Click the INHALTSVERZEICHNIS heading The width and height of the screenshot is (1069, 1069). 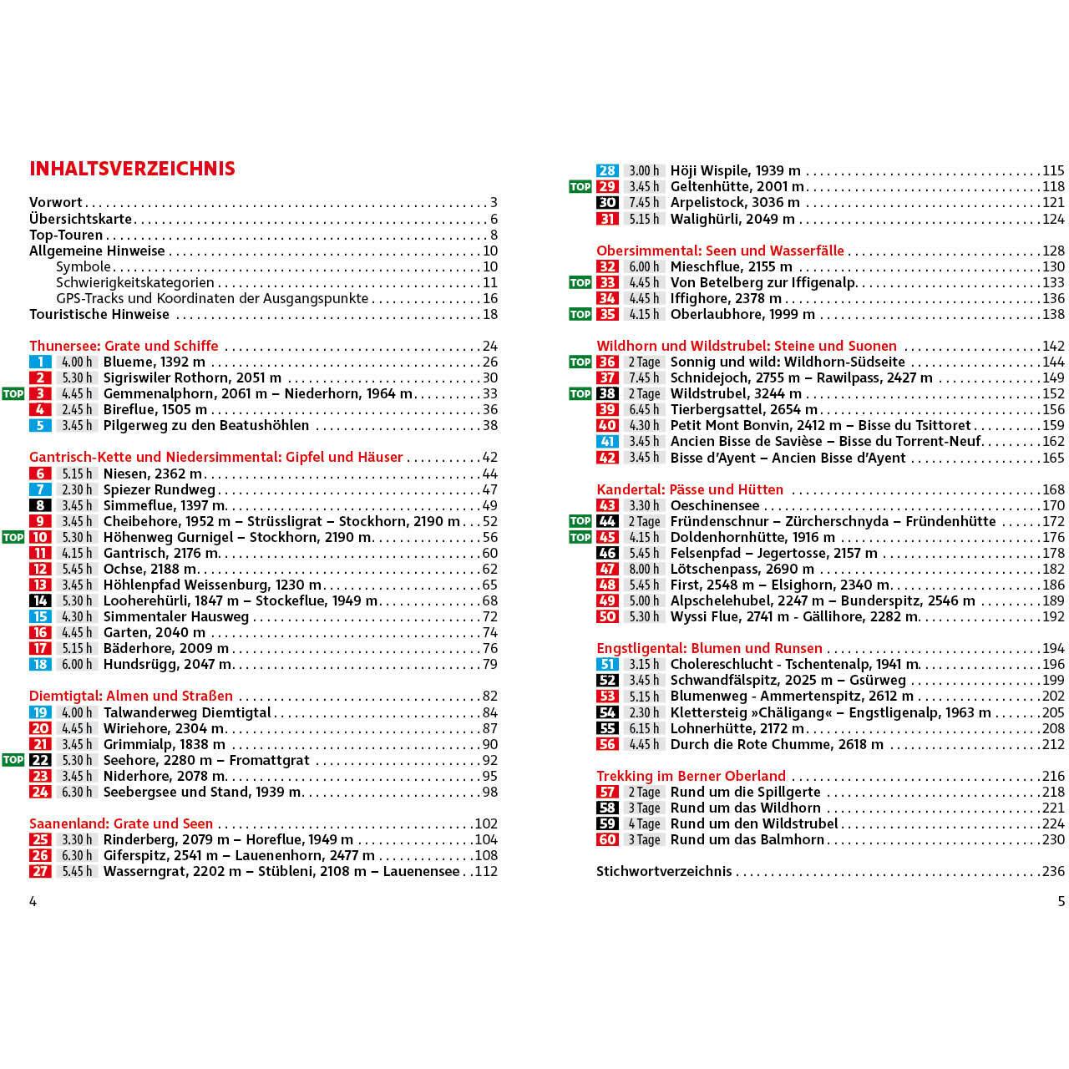click(x=132, y=169)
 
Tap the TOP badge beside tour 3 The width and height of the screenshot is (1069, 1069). click(x=13, y=393)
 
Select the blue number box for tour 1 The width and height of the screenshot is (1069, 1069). click(x=40, y=362)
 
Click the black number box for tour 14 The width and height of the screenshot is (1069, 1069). click(x=40, y=600)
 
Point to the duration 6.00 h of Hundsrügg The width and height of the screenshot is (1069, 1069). click(x=77, y=665)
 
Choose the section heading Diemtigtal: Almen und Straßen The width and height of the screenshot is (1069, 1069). click(x=131, y=697)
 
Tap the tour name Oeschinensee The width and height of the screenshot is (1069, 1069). click(x=715, y=505)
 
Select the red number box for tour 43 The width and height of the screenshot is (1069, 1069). click(x=607, y=505)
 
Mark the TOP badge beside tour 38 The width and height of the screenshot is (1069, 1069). click(x=580, y=393)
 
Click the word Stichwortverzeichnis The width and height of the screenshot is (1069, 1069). click(x=664, y=871)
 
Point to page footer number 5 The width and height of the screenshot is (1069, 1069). click(x=1061, y=901)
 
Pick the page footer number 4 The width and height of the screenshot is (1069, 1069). click(x=33, y=901)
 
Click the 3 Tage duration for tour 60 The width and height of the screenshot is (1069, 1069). click(x=644, y=839)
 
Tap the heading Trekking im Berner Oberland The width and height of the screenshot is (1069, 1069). click(x=691, y=776)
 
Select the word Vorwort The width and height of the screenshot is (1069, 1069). click(x=56, y=202)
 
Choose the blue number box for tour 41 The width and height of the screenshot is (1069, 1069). click(x=607, y=442)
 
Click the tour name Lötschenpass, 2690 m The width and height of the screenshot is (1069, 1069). click(x=742, y=569)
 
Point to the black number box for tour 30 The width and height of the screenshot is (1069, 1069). click(x=607, y=203)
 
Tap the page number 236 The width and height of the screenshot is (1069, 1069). click(x=1053, y=871)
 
